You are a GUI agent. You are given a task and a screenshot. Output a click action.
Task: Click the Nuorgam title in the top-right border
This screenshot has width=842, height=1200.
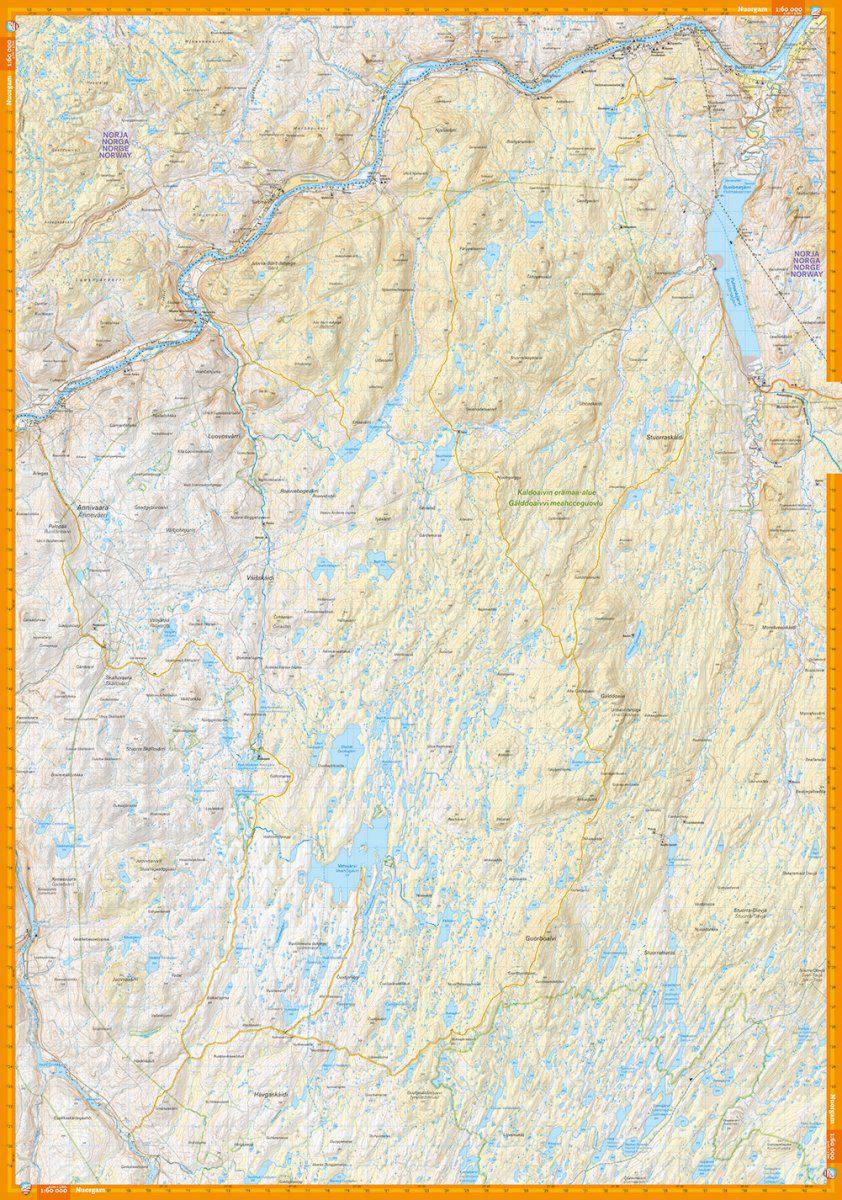[x=750, y=8]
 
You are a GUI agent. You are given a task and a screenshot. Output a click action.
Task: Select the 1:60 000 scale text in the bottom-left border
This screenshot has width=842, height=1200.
[x=52, y=1191]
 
